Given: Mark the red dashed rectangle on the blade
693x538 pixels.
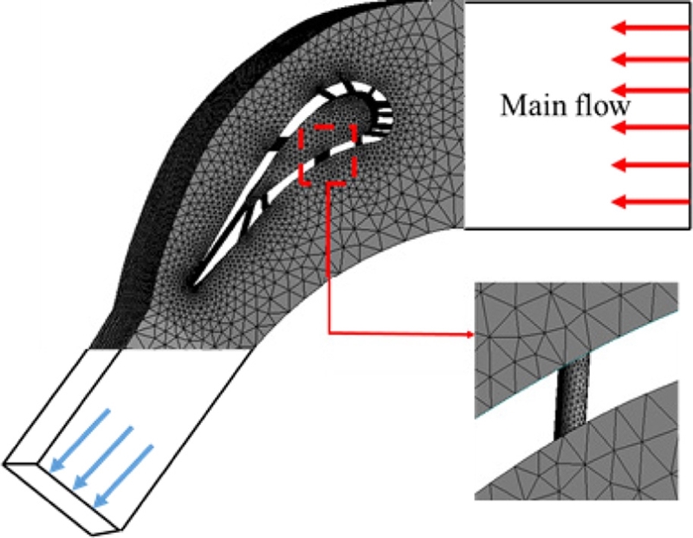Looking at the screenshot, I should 327,154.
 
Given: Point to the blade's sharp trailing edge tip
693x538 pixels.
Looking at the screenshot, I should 191,283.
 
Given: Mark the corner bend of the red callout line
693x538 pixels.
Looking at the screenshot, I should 329,334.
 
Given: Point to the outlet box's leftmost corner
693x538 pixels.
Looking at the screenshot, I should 4,464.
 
